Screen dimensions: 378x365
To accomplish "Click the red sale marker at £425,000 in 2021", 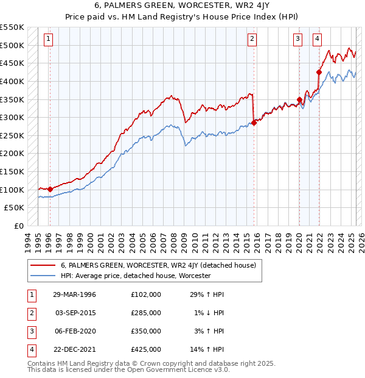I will point(319,72).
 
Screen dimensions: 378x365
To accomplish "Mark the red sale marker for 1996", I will point(50,189).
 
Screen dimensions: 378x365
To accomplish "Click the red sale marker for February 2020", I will point(299,99).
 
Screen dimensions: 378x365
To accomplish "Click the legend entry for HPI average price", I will point(135,276).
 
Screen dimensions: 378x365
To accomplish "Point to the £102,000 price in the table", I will point(146,294).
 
